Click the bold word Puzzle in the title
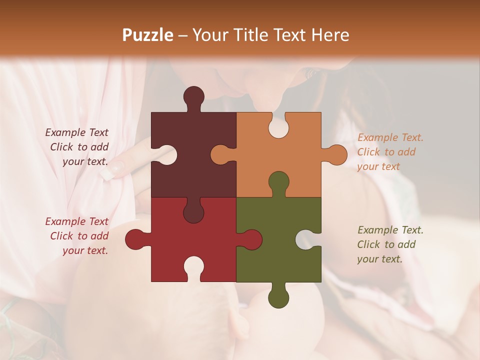click(148, 35)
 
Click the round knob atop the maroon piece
click(193, 96)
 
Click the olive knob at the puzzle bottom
click(278, 298)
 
